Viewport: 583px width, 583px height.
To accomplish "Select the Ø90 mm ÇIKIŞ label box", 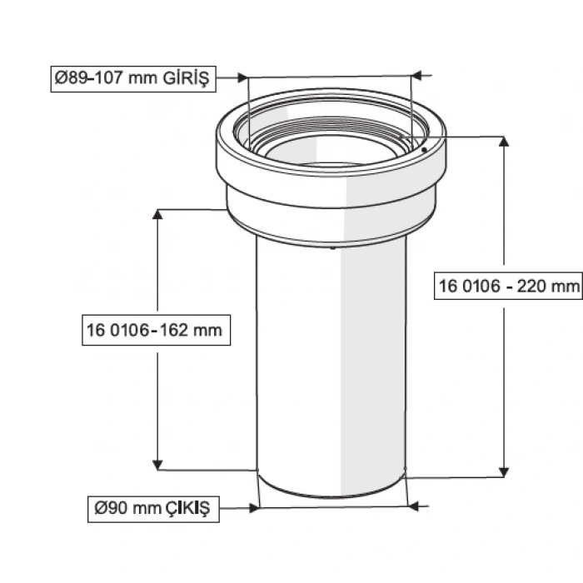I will point(154,506).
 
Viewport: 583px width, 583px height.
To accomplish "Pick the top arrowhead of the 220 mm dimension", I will point(503,142).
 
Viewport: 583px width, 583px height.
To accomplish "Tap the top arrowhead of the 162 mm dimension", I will point(157,214).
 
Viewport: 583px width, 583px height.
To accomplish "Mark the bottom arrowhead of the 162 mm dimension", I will point(157,465).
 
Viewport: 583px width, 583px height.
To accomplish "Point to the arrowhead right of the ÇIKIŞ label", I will point(254,506).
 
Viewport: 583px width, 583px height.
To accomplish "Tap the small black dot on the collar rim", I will point(424,149).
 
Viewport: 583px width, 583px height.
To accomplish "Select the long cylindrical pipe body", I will point(331,366).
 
